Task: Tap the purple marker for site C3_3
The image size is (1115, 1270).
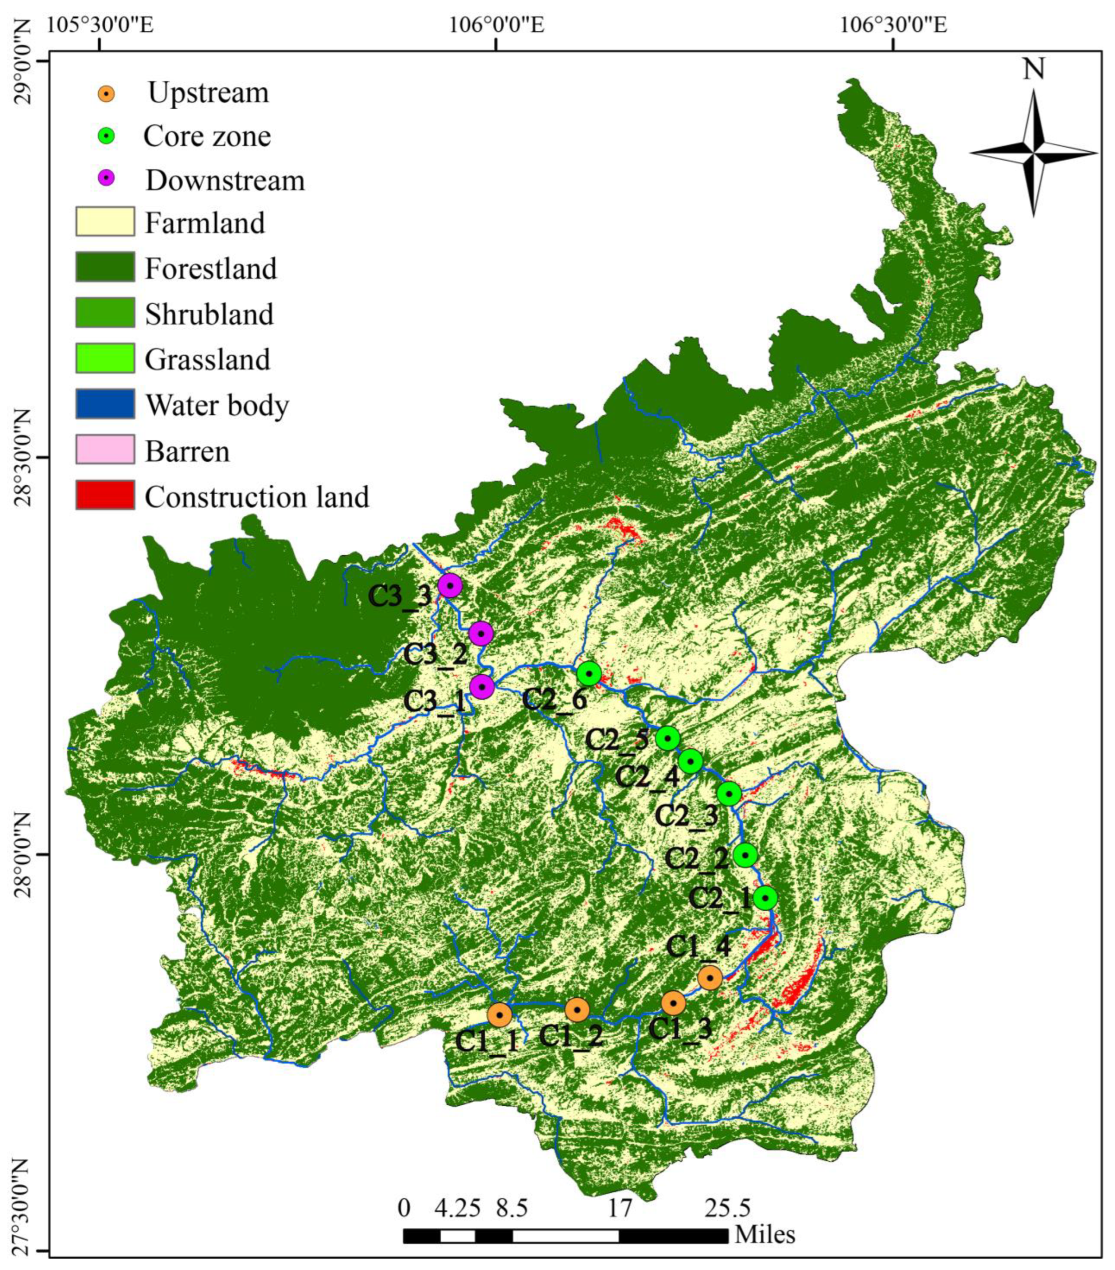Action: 449,585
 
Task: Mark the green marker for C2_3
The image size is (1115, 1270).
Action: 729,793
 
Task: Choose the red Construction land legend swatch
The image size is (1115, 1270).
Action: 105,495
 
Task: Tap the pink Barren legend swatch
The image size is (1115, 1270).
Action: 105,449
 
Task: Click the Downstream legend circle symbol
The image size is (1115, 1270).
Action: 107,178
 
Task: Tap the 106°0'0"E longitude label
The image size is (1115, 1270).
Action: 497,25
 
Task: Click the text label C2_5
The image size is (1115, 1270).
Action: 617,740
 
